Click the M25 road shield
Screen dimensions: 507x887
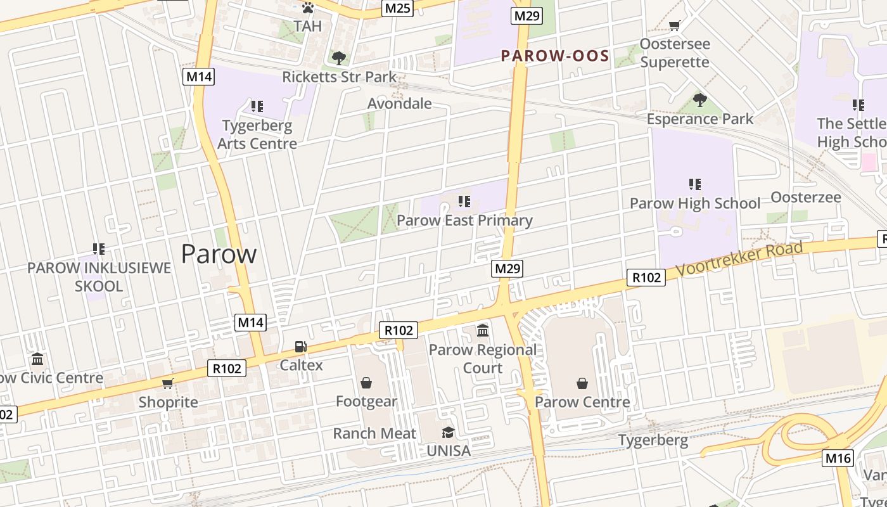398,8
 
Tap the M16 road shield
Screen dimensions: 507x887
838,458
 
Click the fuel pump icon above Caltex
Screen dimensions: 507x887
301,347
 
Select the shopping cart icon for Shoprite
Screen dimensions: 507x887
168,383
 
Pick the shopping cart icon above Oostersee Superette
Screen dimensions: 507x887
675,25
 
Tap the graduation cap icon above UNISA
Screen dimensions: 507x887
448,432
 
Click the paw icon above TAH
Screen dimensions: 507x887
308,8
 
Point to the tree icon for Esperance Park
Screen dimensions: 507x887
699,99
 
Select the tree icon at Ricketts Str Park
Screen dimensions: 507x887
339,58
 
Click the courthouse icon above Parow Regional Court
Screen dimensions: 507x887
483,331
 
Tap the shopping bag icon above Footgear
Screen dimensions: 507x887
366,383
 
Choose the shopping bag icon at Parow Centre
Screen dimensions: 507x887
582,383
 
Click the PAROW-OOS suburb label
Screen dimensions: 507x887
555,56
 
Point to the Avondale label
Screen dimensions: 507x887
400,103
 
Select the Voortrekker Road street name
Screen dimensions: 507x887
739,259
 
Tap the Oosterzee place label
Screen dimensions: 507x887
805,197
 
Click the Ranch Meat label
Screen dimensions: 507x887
374,433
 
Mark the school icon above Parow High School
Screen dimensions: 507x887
695,184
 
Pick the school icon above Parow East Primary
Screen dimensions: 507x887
464,202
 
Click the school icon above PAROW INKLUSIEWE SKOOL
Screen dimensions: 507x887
99,248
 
